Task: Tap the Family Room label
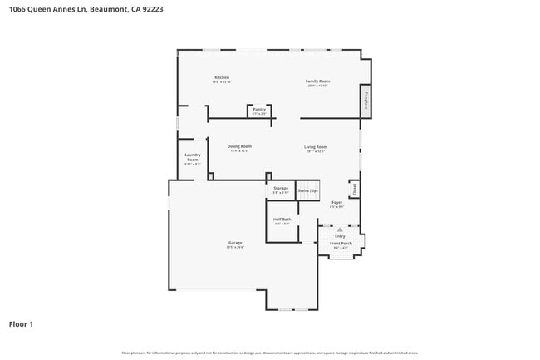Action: [317, 81]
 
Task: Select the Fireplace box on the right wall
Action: [365, 100]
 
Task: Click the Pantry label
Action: [259, 110]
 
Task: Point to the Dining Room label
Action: [239, 146]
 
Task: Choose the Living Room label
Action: [316, 147]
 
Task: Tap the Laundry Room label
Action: [193, 157]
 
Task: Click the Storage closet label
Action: [281, 188]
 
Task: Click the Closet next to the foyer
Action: [354, 190]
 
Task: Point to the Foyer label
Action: [336, 202]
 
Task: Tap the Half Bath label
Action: [282, 219]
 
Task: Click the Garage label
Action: [236, 243]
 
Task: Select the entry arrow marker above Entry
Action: [339, 229]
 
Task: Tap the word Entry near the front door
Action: [340, 236]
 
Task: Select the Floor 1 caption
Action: [21, 323]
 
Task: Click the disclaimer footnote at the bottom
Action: [270, 353]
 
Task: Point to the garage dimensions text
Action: [236, 247]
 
